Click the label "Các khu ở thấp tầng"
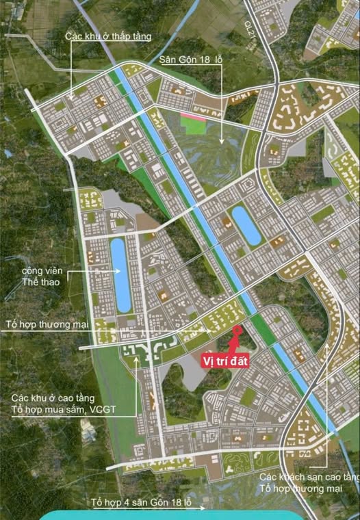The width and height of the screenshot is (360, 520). point(108,36)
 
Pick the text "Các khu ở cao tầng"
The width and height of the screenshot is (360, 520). point(53,399)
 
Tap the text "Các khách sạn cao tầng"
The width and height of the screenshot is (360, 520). point(308,476)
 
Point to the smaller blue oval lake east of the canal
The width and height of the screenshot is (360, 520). point(246,226)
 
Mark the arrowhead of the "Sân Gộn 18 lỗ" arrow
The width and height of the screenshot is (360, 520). point(222,142)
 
